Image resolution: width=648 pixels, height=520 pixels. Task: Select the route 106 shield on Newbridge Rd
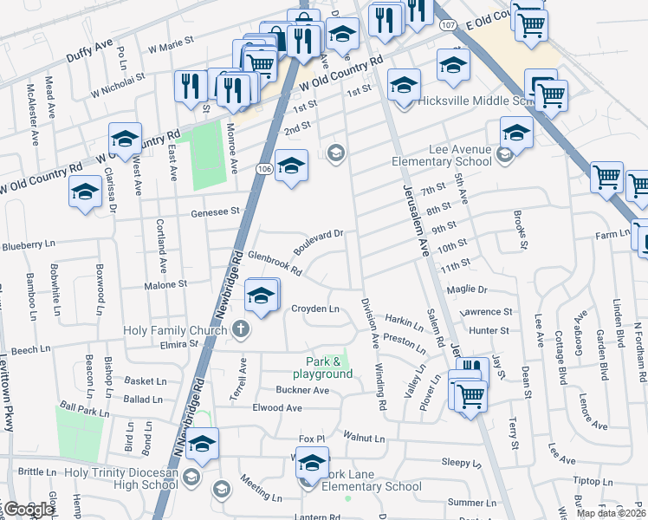264,167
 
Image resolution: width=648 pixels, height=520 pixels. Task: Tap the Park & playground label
329,367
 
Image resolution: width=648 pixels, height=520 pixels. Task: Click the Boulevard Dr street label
318,238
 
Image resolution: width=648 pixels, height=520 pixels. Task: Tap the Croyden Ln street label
314,309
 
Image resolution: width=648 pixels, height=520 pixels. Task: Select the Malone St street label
165,283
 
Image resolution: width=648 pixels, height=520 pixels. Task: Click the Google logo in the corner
28,510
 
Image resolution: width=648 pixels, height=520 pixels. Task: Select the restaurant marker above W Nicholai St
189,86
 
